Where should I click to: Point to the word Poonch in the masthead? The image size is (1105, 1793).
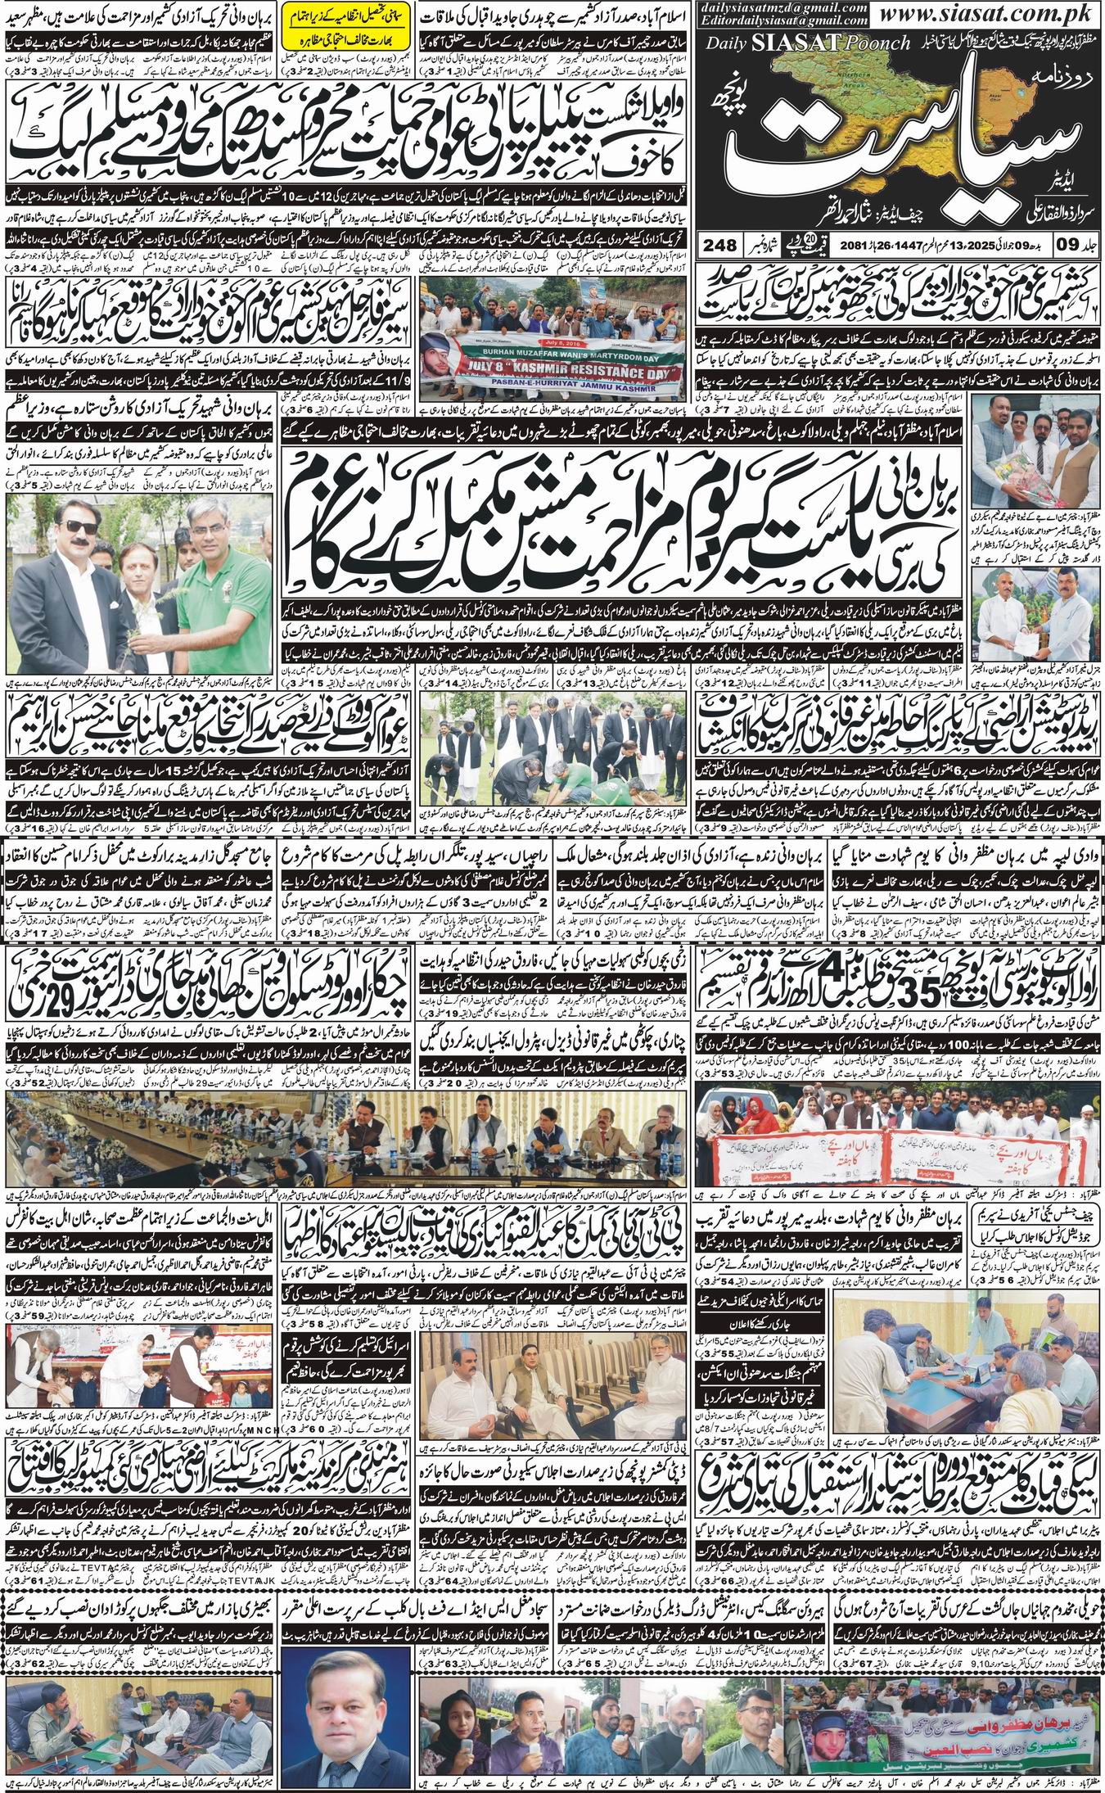[879, 43]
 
